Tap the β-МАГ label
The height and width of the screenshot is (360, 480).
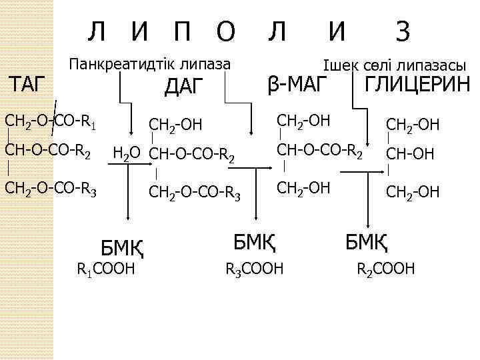[298, 84]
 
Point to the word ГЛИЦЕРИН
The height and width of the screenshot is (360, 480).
[417, 85]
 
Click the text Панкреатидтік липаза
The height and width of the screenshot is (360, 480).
[150, 64]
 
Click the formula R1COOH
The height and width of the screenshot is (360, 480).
[106, 269]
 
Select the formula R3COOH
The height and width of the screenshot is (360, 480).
[255, 269]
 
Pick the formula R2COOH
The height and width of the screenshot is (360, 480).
[386, 269]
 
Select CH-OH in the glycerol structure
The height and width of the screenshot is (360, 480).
[411, 154]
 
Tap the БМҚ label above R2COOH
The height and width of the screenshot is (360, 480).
[367, 239]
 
